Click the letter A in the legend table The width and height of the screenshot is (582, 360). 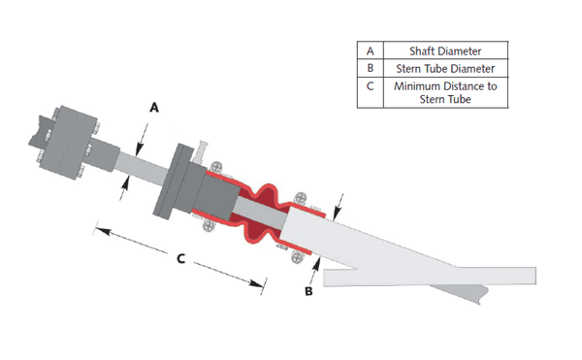coord(371,50)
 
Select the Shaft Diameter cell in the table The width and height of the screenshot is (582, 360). coord(445,50)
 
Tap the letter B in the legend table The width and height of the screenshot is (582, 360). coord(371,68)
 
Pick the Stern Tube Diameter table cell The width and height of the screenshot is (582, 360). coord(445,68)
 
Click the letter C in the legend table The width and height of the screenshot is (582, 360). coord(371,86)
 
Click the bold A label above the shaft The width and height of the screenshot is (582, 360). coord(154,108)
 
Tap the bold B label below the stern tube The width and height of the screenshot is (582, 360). coord(308,291)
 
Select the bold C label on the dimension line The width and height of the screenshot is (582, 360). coord(180,259)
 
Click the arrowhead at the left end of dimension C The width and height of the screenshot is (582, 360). coord(102,231)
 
